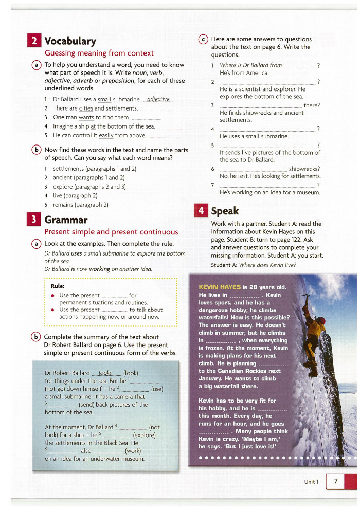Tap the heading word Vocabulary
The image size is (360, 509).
[x=70, y=41]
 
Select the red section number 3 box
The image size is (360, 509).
[x=34, y=220]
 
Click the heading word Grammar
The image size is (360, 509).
[x=66, y=220]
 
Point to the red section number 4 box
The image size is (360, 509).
[x=201, y=211]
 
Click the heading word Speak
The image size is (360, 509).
[x=225, y=211]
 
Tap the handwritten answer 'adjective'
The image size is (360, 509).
[x=158, y=99]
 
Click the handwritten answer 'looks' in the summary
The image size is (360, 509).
[x=105, y=373]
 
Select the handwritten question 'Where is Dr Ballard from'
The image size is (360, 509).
[x=251, y=65]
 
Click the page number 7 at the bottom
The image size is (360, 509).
[x=336, y=481]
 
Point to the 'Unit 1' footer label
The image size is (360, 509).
[x=311, y=482]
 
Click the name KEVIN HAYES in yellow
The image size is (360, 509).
[x=220, y=287]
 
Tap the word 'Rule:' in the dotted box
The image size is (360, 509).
[x=58, y=286]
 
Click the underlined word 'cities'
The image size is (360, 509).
[x=86, y=108]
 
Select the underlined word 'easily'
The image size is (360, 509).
[x=106, y=136]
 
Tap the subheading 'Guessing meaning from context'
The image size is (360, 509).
[x=99, y=53]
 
